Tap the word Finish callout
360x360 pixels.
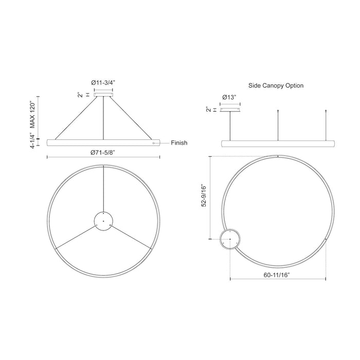pos(179,143)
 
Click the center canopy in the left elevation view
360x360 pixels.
pos(103,94)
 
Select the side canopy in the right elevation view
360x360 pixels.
pos(230,109)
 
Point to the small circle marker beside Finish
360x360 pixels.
pos(153,143)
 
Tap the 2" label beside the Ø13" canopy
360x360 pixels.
pos(208,109)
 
